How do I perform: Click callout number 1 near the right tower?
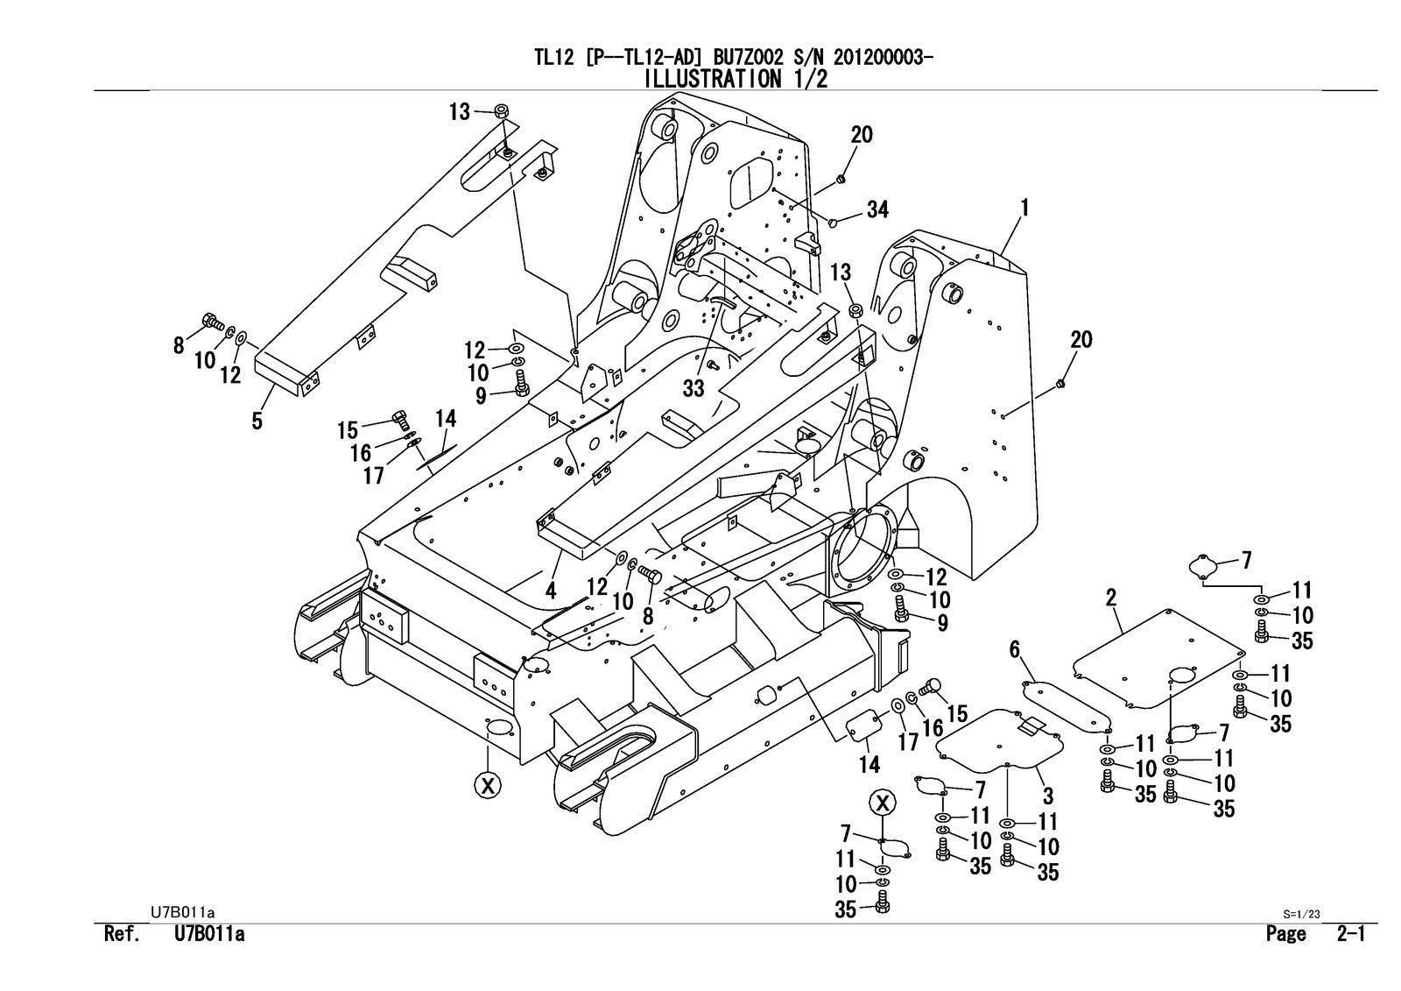[x=1023, y=208]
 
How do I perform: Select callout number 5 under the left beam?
[x=257, y=421]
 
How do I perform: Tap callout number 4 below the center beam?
[x=551, y=591]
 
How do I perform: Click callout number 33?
[x=693, y=388]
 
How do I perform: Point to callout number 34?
[x=877, y=209]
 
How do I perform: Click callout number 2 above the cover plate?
[x=1111, y=598]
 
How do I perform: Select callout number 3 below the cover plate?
[x=1048, y=796]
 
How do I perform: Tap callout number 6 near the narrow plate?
[x=1015, y=649]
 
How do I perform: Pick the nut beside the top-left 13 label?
[x=503, y=111]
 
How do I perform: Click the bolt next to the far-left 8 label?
[x=210, y=322]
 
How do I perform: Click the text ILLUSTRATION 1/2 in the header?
[x=736, y=79]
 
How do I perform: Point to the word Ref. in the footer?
[x=123, y=934]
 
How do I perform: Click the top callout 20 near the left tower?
[x=862, y=134]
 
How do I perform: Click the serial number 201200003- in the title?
[x=883, y=58]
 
